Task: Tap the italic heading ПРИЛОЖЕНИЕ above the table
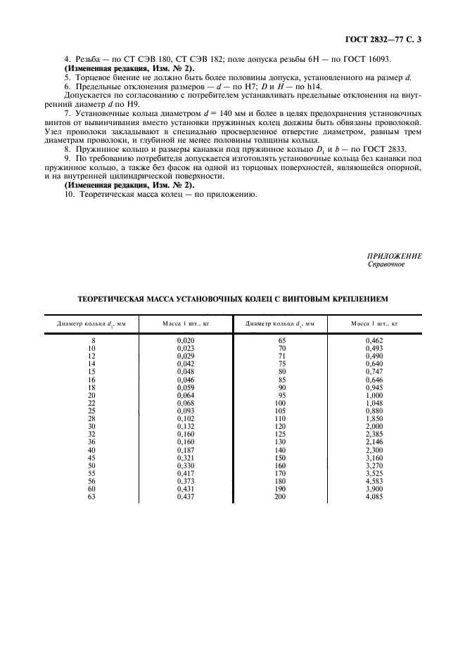(x=395, y=257)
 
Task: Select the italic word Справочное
(x=386, y=265)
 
